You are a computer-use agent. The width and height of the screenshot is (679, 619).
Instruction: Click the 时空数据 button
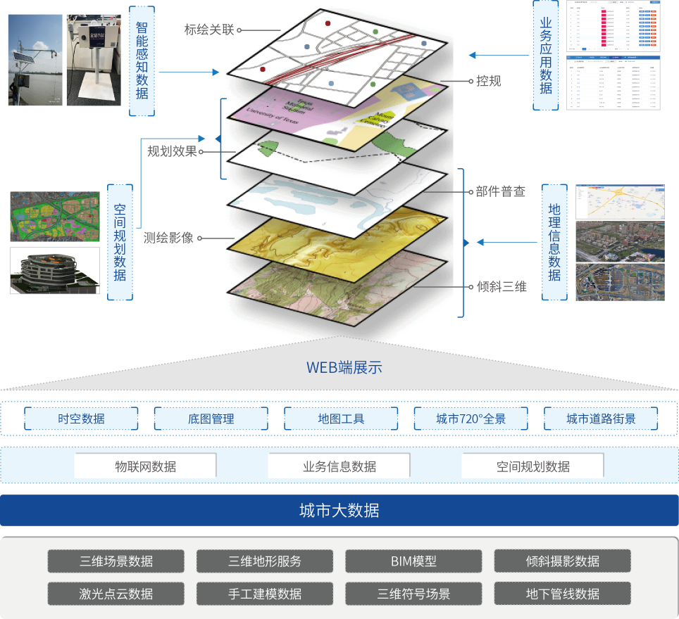[x=81, y=419]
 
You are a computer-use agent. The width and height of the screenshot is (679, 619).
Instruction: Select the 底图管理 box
[x=211, y=419]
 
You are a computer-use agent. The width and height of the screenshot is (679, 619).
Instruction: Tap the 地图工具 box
[x=341, y=419]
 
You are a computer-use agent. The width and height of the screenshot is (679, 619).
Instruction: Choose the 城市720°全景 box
[x=471, y=419]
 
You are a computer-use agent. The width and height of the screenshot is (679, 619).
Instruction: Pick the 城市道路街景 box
[x=601, y=419]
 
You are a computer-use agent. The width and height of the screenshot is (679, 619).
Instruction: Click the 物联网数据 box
[x=145, y=466]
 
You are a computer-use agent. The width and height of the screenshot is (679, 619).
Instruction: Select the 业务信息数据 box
[x=339, y=466]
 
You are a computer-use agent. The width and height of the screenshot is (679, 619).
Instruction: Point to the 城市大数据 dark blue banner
[x=339, y=511]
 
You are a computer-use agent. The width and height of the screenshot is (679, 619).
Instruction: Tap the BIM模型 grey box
[x=413, y=561]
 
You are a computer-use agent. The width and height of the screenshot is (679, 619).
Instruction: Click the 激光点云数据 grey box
[x=116, y=594]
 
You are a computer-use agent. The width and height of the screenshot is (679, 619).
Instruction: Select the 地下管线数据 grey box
[x=562, y=594]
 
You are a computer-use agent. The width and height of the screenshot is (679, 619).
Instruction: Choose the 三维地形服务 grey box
[x=264, y=561]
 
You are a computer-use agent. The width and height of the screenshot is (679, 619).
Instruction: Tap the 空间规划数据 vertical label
[x=120, y=243]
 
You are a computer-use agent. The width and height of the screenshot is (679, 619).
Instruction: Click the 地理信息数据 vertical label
[x=554, y=242]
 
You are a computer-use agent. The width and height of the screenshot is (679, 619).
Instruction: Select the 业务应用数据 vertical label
[x=546, y=55]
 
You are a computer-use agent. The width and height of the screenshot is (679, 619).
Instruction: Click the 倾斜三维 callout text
[x=502, y=287]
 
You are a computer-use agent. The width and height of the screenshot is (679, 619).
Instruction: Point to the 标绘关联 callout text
[x=208, y=30]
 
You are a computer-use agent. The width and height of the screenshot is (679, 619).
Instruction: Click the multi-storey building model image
[x=54, y=271]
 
